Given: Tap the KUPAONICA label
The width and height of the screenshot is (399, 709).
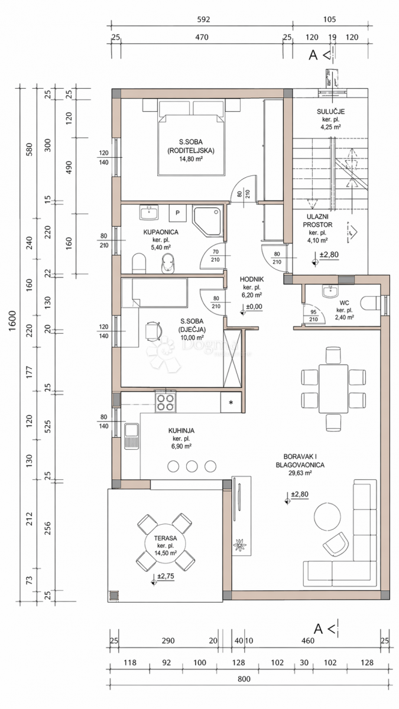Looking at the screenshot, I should pos(161,232).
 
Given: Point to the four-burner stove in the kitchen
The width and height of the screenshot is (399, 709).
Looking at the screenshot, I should pos(166,403).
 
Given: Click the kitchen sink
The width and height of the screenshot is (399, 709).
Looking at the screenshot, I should pos(131,437).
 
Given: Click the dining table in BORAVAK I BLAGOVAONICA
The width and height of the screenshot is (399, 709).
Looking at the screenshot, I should pos(333,388).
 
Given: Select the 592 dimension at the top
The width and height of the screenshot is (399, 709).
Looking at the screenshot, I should pos(202,19).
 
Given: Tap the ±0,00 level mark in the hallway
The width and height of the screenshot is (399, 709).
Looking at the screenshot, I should pos(252,307).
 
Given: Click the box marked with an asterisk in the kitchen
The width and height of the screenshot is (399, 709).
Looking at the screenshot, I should pos(231,402).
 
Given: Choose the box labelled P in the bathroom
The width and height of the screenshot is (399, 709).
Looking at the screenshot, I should pos(177,212).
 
